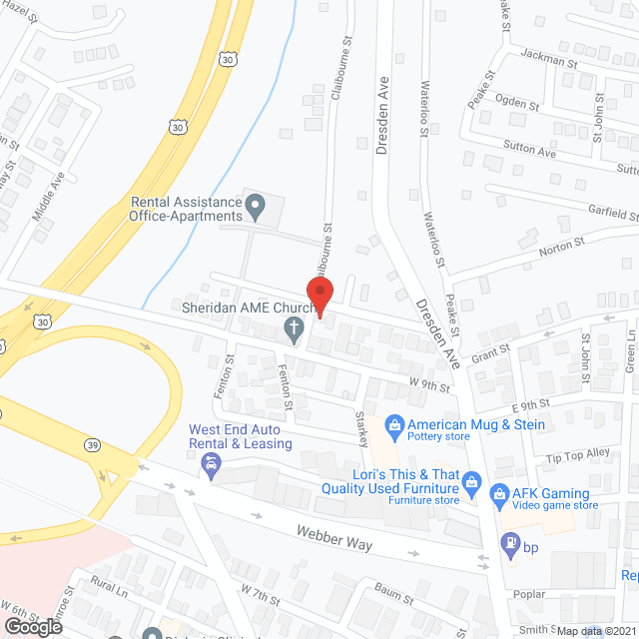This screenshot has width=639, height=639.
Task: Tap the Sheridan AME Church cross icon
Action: point(294,328)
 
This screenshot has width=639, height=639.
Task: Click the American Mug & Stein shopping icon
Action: point(394,425)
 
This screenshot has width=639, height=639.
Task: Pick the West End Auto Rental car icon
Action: point(211,463)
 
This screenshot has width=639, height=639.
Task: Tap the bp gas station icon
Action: point(508,544)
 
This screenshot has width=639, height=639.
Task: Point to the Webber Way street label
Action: point(333,537)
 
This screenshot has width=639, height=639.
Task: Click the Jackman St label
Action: point(549,61)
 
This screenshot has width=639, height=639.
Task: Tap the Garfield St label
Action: point(611,215)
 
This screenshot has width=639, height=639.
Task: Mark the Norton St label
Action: point(563,246)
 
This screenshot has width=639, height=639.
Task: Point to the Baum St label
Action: point(394,596)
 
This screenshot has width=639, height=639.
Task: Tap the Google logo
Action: point(33,626)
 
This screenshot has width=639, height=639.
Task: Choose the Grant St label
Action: point(490,351)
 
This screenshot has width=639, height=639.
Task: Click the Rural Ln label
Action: point(110,587)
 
